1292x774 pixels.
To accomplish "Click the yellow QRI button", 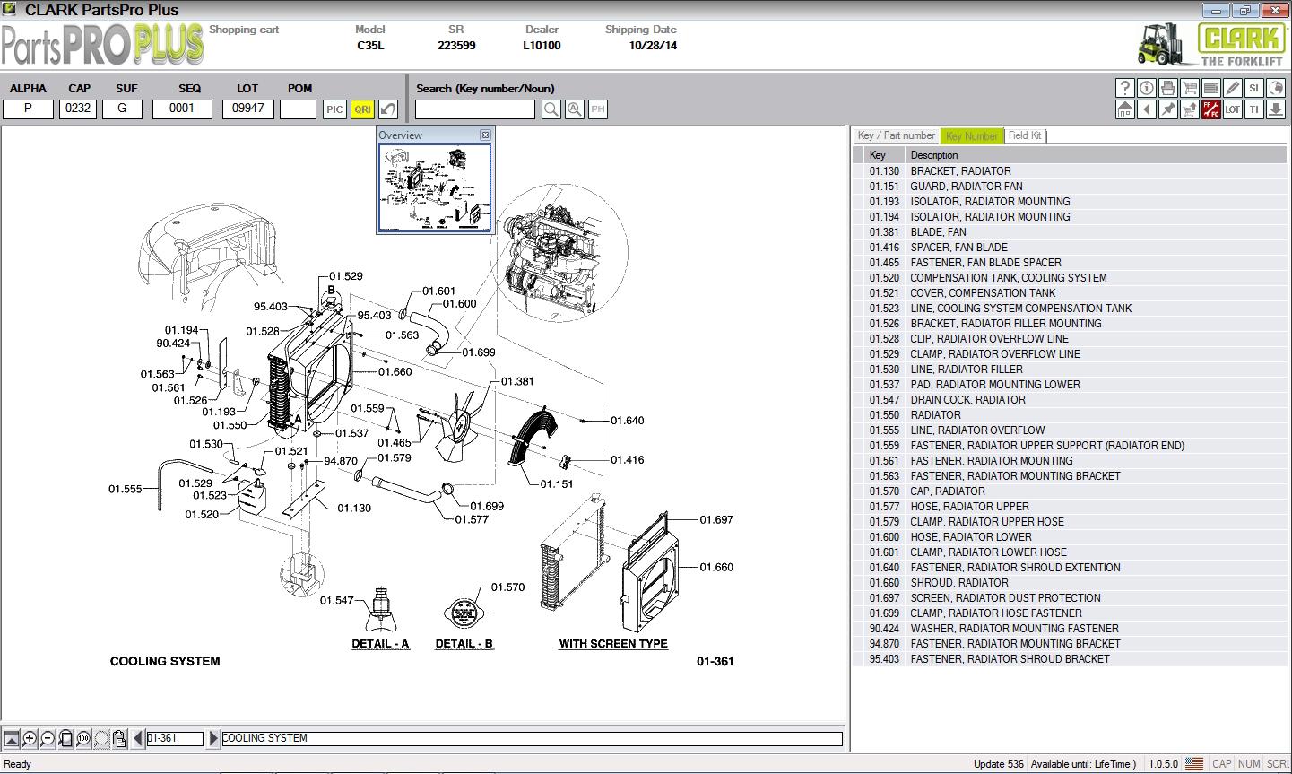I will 362,109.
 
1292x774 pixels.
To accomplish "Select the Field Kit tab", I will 1024,135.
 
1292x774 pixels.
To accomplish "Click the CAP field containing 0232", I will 79,109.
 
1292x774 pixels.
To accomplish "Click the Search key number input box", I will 475,109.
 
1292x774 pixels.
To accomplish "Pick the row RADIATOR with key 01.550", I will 935,414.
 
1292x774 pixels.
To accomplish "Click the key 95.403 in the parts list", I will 883,658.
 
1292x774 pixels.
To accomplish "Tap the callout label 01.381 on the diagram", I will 517,381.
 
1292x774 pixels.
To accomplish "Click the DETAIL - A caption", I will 380,644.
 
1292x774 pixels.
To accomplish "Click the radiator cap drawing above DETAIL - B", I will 464,613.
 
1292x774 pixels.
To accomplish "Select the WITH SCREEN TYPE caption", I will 613,644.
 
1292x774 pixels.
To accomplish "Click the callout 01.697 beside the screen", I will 716,519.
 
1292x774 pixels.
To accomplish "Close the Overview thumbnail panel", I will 485,135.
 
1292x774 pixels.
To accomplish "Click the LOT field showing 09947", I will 248,109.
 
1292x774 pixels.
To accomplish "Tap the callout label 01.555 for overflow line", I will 126,489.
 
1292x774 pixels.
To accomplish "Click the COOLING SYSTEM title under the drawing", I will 165,661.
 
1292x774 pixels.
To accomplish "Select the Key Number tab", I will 972,136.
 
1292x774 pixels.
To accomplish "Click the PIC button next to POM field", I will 334,109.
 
